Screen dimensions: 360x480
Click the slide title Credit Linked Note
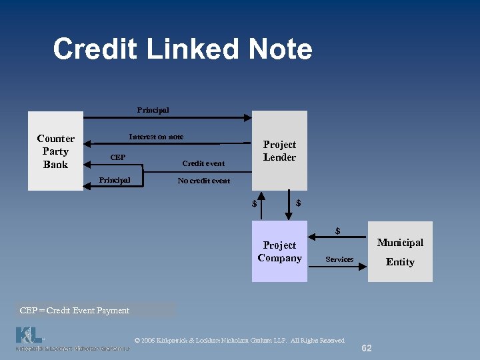tap(182, 49)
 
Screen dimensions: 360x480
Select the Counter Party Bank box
tap(55, 151)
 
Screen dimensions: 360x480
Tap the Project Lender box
tap(279, 151)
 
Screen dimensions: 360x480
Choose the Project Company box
tap(279, 252)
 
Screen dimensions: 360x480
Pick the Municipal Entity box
tap(400, 252)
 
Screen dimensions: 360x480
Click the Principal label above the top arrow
tap(153, 110)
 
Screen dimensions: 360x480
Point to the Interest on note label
tap(156, 137)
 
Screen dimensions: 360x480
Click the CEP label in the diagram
tap(117, 158)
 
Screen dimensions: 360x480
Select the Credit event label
tap(203, 163)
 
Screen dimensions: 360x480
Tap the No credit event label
tap(203, 181)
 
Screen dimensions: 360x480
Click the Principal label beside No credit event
tap(114, 180)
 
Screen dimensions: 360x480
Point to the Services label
tap(339, 259)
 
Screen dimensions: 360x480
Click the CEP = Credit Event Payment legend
tap(75, 310)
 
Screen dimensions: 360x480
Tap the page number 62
tap(367, 348)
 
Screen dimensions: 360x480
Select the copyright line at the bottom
tap(239, 341)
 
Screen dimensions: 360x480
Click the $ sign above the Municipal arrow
tap(338, 231)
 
